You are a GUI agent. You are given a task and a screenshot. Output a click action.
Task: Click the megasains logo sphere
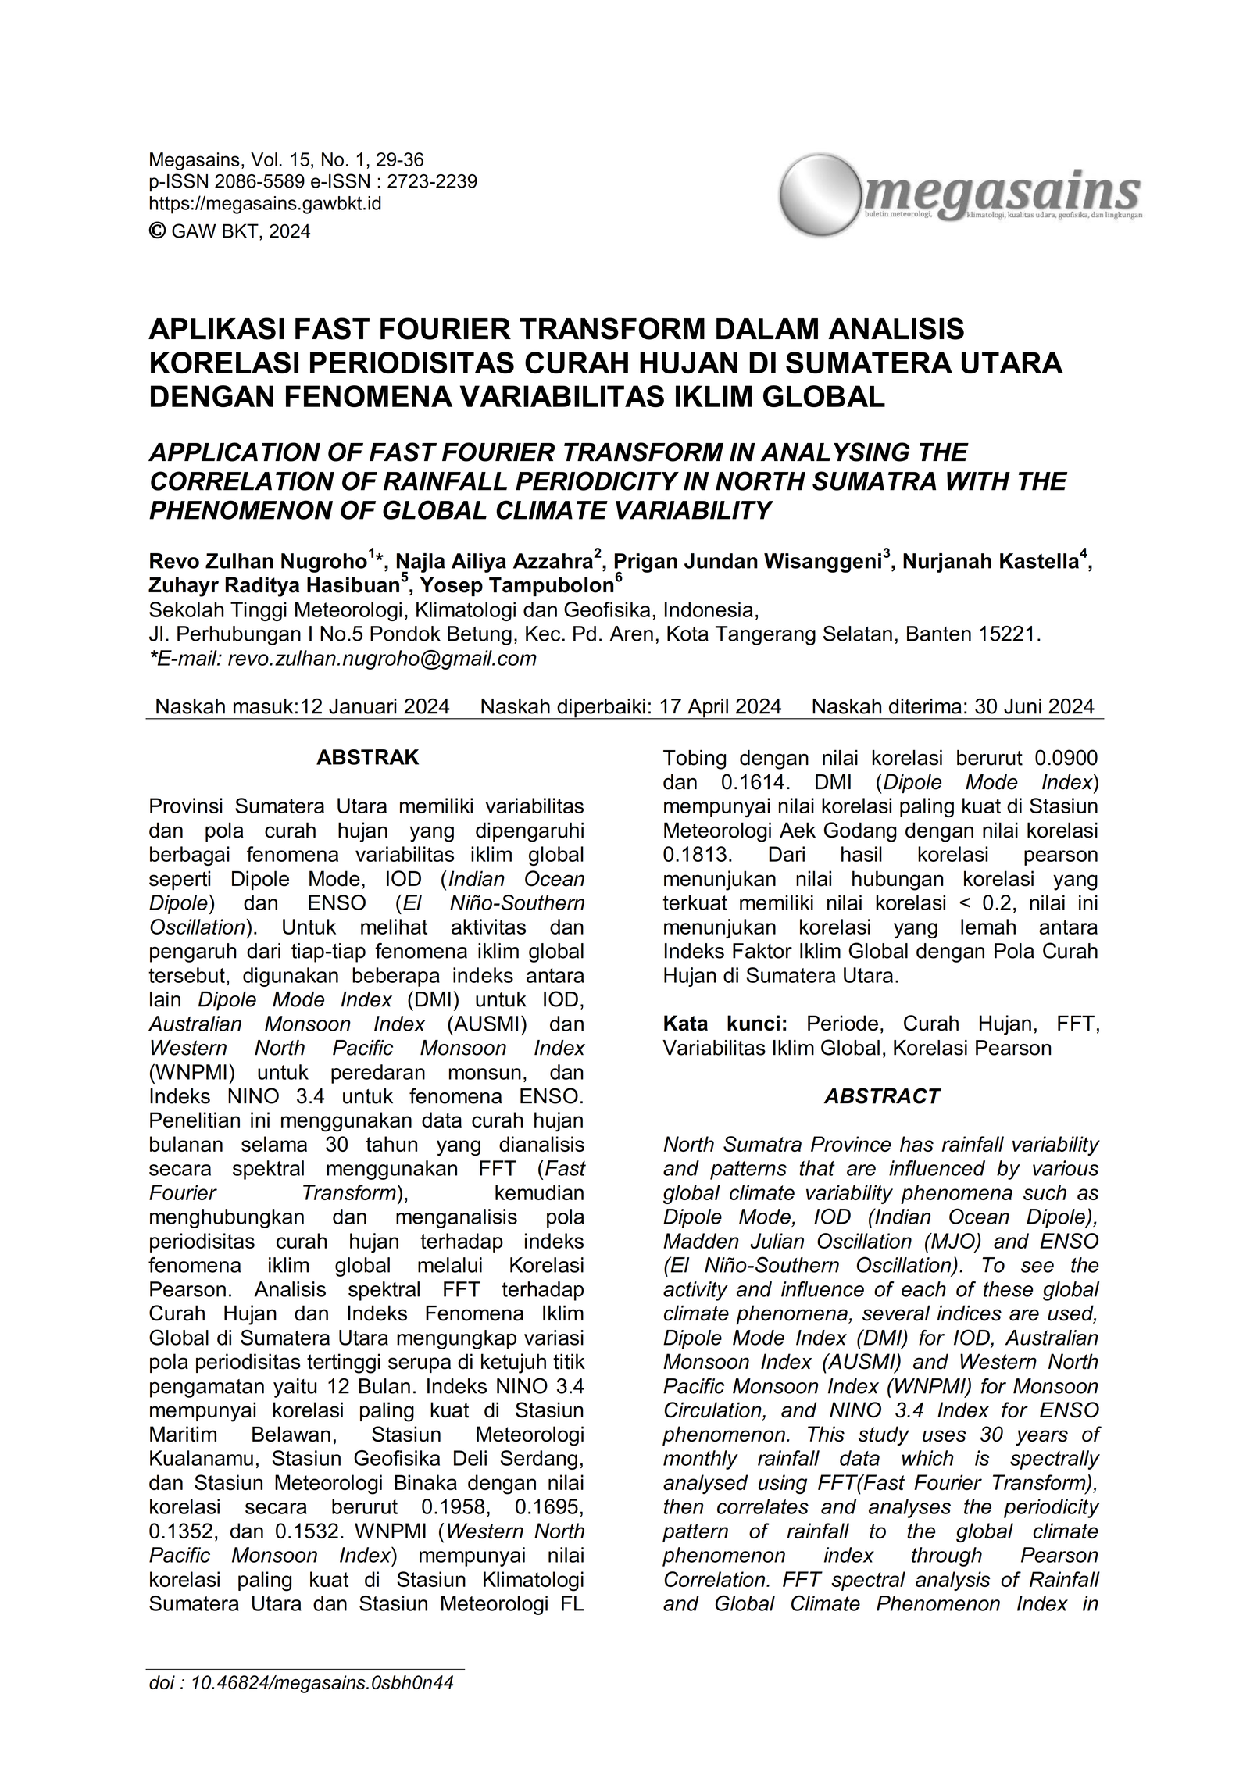point(820,195)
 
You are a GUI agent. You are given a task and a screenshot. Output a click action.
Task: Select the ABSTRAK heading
point(367,757)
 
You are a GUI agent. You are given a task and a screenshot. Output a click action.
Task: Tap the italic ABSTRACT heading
point(881,1096)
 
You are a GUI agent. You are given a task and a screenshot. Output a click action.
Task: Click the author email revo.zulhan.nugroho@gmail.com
point(381,659)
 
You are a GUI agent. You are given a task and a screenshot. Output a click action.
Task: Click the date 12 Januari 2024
point(375,706)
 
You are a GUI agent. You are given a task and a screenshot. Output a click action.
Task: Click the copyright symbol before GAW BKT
point(157,231)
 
